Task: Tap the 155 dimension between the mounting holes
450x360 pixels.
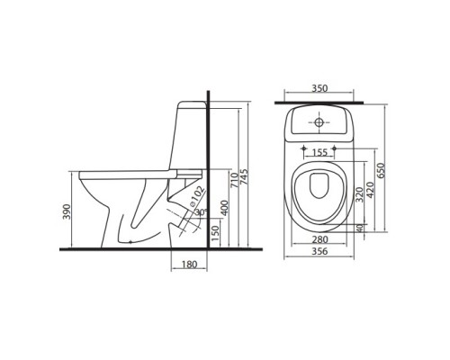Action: tap(321, 154)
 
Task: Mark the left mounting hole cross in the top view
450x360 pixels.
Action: tap(308, 147)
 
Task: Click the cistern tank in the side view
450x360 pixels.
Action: tap(185, 135)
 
